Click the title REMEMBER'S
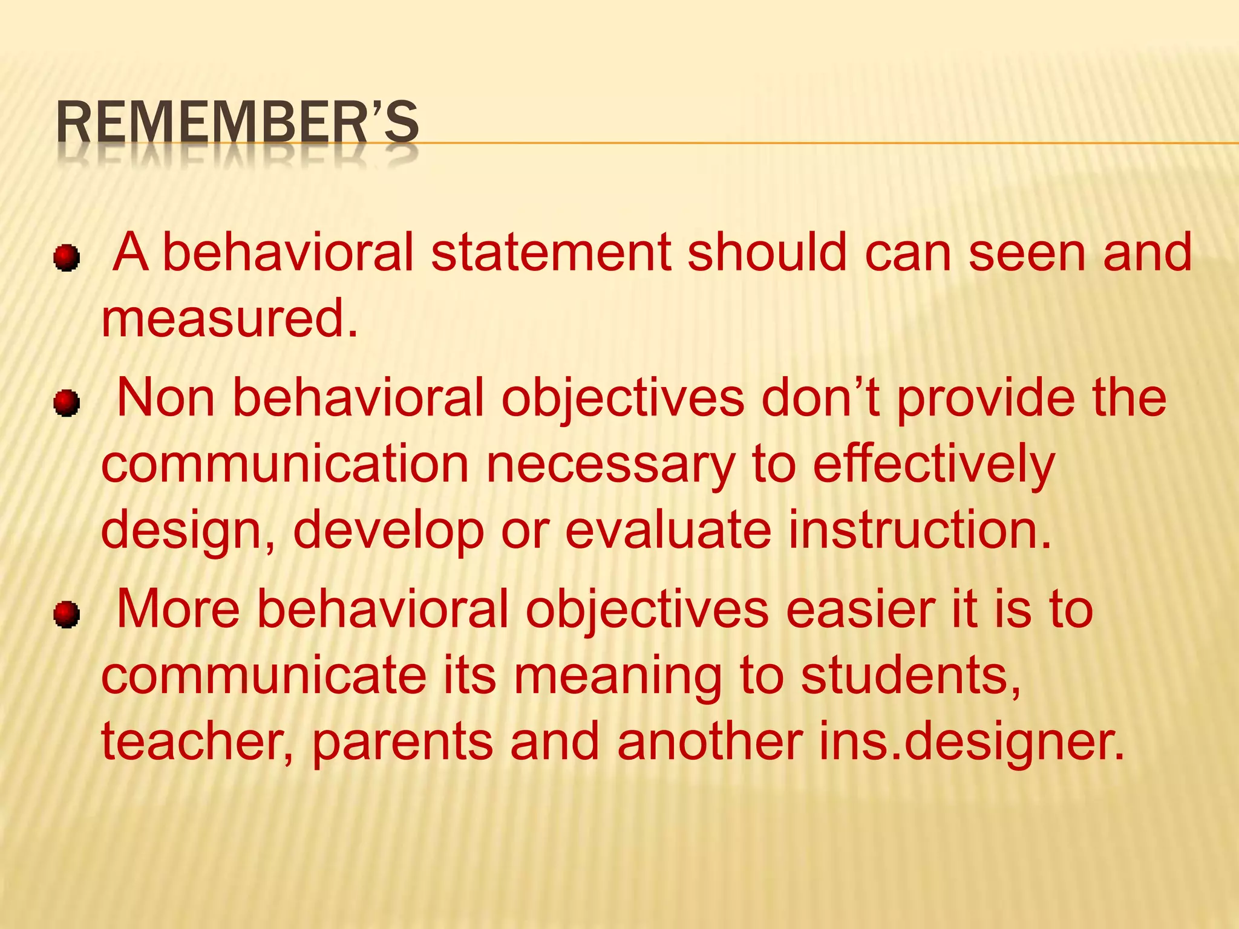pos(237,122)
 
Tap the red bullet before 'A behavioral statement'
pos(66,259)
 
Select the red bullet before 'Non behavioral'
pos(66,403)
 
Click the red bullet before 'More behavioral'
pos(66,615)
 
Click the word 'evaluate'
pos(668,530)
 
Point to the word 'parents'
pos(402,743)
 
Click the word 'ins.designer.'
pos(972,743)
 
